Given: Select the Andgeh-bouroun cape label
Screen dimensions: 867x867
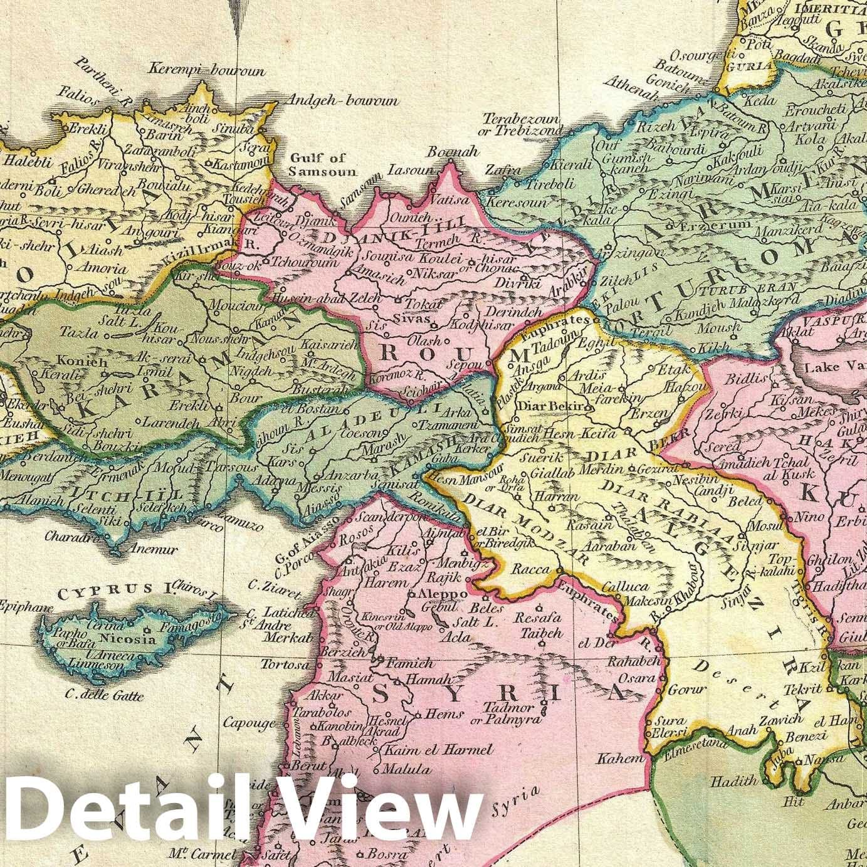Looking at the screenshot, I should coord(342,100).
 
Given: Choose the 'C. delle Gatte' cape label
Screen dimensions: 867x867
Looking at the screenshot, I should coord(105,695).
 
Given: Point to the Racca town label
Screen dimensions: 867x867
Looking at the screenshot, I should coord(531,570).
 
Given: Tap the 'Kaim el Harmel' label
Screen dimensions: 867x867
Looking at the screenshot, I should coord(438,750).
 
